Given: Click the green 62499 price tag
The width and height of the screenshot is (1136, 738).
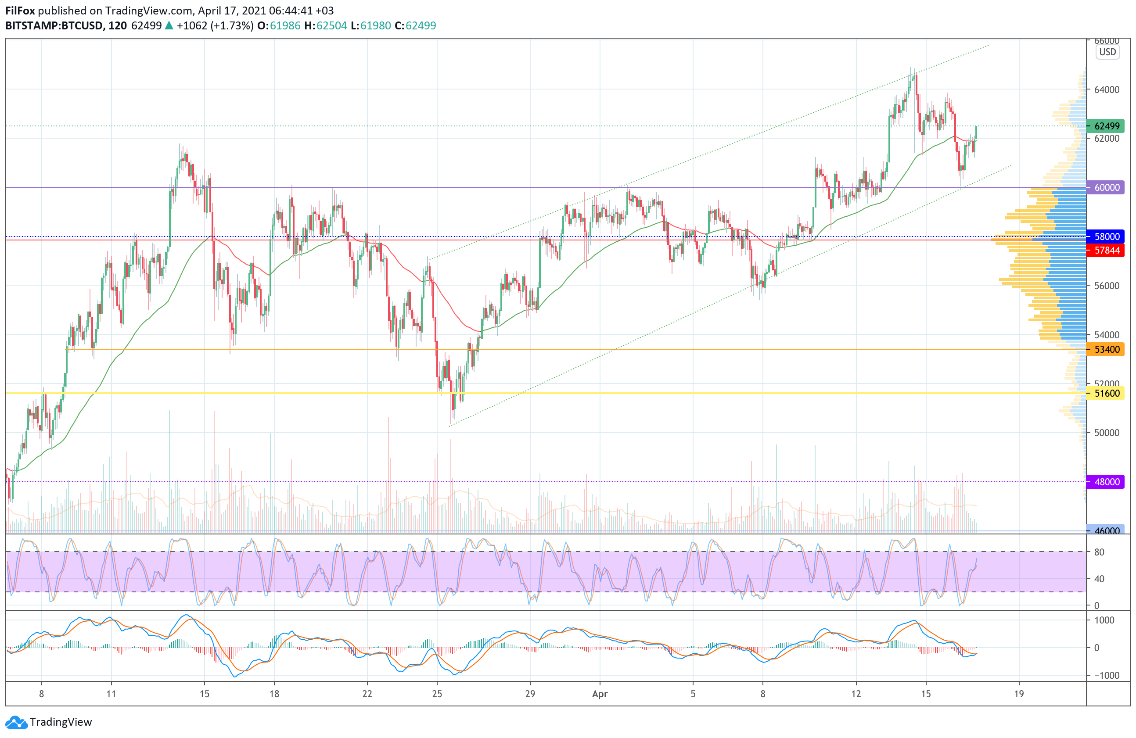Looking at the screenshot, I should pyautogui.click(x=1105, y=126).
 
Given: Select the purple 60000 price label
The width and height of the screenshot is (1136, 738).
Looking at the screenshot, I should pyautogui.click(x=1105, y=187).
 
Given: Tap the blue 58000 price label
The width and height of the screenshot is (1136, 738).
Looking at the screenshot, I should pyautogui.click(x=1105, y=236).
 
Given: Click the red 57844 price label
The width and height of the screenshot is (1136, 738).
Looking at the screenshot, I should pyautogui.click(x=1105, y=251).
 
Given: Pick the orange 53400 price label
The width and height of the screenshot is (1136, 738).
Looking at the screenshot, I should pyautogui.click(x=1105, y=350).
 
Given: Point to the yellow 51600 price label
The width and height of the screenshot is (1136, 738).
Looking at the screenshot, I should pyautogui.click(x=1105, y=394).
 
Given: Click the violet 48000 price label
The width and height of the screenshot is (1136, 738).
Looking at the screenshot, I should pyautogui.click(x=1105, y=482).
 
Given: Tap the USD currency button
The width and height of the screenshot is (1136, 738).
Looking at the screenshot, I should pyautogui.click(x=1107, y=52).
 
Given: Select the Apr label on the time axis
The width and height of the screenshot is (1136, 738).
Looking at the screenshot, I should pyautogui.click(x=600, y=694).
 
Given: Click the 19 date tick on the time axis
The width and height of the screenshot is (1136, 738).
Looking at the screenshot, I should pyautogui.click(x=1019, y=694).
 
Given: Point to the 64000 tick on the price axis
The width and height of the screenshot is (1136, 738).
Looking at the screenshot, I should pyautogui.click(x=1107, y=90).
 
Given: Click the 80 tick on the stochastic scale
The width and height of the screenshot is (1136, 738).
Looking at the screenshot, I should pyautogui.click(x=1099, y=552).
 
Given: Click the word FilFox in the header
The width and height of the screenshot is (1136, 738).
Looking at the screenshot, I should pyautogui.click(x=20, y=11).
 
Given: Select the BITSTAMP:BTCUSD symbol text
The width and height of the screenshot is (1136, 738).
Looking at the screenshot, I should pyautogui.click(x=54, y=26).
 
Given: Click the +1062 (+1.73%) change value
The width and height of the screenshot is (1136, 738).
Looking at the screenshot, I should pyautogui.click(x=215, y=26).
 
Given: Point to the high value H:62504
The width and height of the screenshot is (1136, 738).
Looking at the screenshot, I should pyautogui.click(x=326, y=26).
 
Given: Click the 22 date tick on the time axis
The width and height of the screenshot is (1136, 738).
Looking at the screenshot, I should pyautogui.click(x=367, y=694).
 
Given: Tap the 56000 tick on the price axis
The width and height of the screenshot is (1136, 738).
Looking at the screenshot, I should pyautogui.click(x=1107, y=286).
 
